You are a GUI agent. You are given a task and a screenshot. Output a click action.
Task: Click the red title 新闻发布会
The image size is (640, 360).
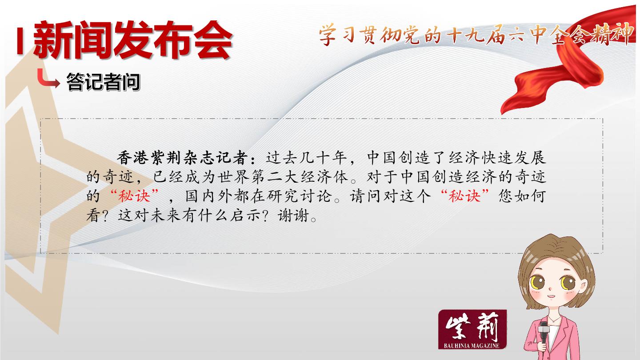[133, 40]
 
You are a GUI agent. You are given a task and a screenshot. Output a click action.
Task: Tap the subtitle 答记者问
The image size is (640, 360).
[103, 82]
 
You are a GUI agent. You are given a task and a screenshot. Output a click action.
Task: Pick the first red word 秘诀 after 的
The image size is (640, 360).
[134, 196]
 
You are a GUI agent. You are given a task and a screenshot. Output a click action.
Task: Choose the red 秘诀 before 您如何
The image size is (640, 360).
[464, 196]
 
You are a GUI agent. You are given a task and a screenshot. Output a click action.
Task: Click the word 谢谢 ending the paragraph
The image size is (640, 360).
[294, 216]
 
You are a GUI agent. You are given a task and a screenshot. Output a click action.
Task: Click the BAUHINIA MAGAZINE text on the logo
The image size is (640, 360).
[472, 346]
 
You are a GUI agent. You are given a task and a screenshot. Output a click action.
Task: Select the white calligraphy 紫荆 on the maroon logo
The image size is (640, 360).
[472, 327]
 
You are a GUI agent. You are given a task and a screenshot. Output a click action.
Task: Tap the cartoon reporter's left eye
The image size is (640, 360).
[537, 282]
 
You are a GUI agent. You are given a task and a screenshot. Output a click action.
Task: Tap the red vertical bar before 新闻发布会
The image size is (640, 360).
[20, 40]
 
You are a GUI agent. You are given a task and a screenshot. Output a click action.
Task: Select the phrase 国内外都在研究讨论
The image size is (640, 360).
[259, 196]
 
